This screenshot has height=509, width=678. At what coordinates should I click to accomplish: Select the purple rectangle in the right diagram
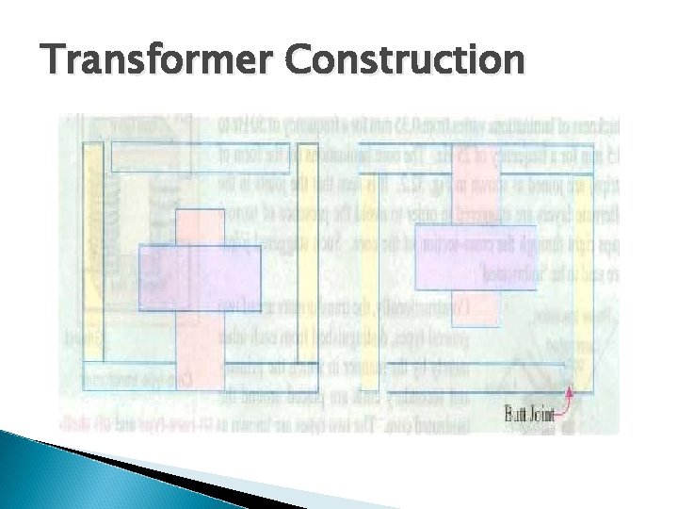point(476,257)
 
